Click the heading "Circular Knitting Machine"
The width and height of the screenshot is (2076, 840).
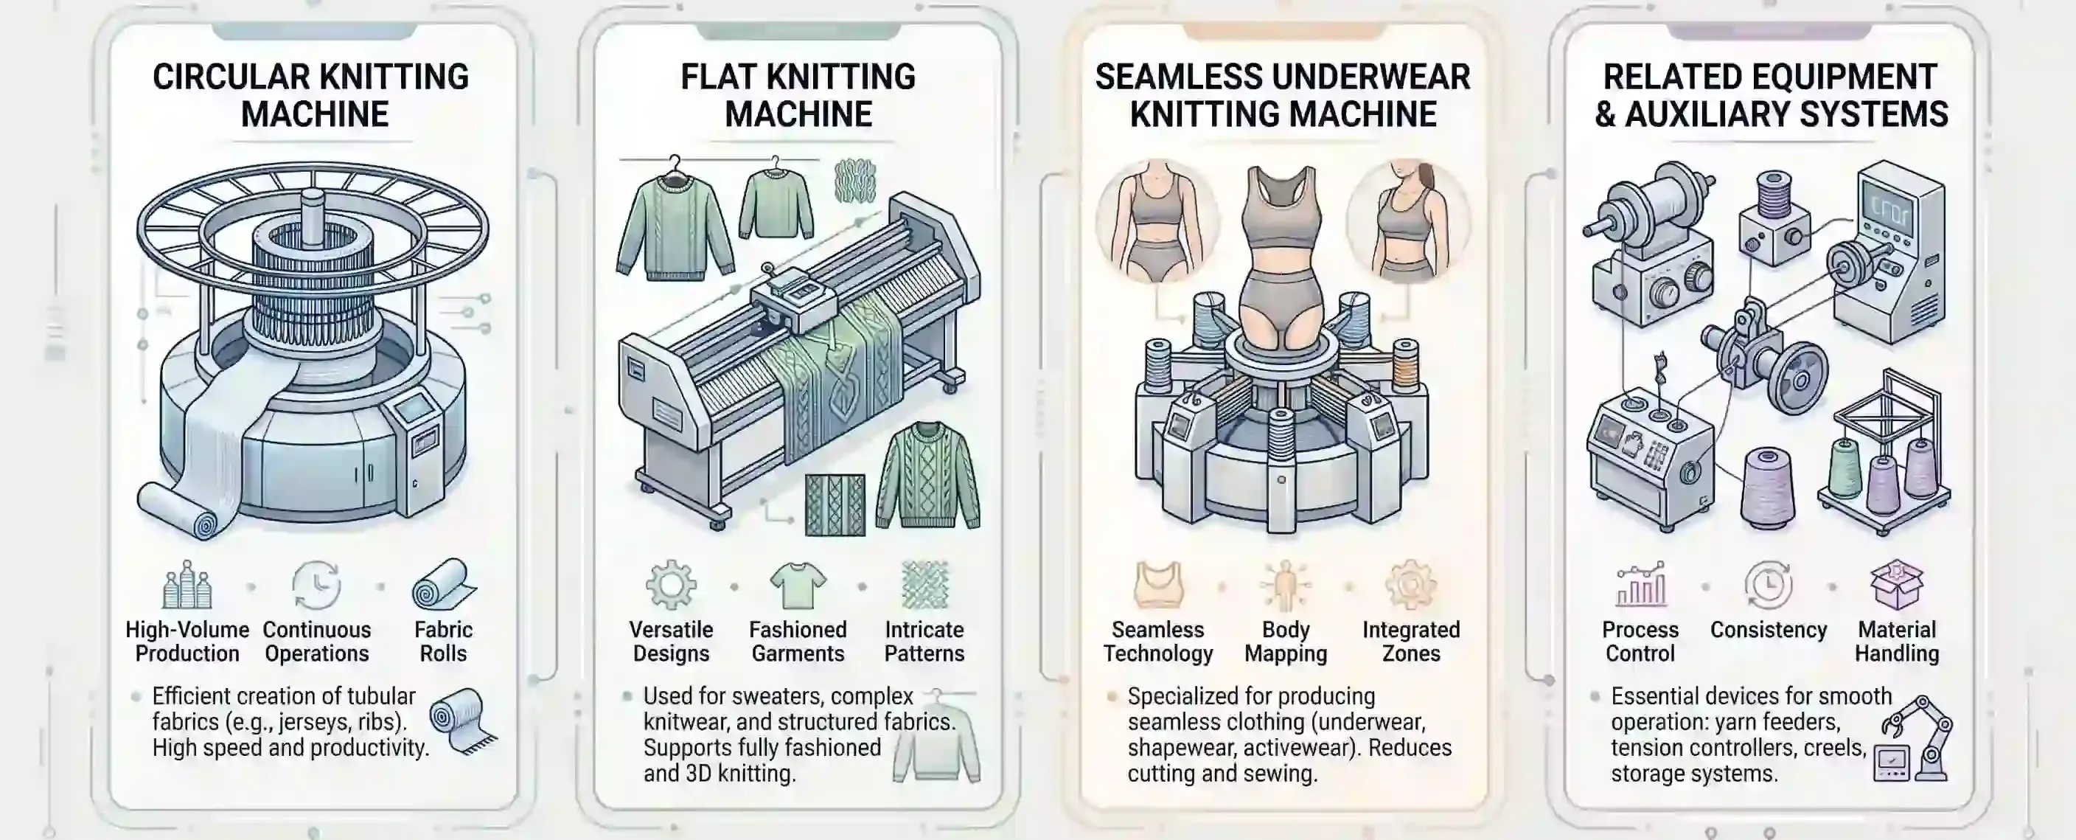click(311, 96)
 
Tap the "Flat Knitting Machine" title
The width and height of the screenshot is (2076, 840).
click(798, 96)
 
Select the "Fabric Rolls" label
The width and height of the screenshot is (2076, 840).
click(443, 641)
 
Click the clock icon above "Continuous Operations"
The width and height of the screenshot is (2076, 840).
click(317, 586)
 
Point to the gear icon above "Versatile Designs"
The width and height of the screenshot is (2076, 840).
click(671, 586)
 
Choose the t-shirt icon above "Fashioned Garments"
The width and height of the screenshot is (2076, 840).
click(798, 586)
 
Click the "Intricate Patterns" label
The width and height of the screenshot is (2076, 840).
click(924, 641)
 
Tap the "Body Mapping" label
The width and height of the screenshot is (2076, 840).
click(1286, 641)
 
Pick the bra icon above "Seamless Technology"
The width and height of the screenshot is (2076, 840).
click(1158, 586)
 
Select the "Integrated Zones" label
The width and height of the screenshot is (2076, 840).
click(1411, 641)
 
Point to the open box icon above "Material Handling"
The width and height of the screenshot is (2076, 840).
click(1897, 586)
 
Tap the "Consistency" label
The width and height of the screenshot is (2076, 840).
click(1768, 630)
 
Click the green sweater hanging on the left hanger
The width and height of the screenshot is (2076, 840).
click(675, 226)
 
